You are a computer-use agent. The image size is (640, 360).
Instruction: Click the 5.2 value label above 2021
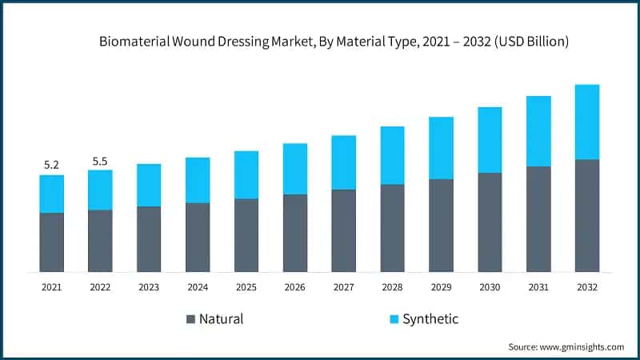coord(51,165)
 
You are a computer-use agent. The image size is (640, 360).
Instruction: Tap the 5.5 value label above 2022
coord(100,161)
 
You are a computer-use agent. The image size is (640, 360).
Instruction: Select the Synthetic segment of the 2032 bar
coord(587,122)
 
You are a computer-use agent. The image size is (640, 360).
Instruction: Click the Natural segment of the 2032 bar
coord(587,215)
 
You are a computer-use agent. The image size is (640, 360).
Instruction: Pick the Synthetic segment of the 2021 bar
coord(51,194)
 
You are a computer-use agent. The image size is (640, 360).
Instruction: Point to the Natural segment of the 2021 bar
coord(51,242)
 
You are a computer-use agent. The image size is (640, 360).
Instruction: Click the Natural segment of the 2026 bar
coord(295,233)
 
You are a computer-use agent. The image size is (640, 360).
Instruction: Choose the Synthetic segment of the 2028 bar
coord(393,155)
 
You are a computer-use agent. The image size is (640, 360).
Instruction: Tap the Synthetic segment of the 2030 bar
coord(490,139)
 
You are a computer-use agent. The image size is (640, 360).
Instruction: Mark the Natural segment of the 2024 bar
coord(198,237)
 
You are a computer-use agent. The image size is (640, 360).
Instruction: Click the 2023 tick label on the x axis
coord(149,286)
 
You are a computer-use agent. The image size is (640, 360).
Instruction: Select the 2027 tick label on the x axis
coord(344,286)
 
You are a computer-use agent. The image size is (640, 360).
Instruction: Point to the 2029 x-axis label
coord(441,286)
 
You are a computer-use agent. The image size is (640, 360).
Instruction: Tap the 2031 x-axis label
coord(538,286)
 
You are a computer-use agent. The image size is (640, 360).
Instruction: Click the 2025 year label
coord(246,286)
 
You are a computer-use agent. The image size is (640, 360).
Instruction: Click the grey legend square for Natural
coord(190,319)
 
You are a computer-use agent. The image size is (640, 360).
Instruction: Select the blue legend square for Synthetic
coord(393,319)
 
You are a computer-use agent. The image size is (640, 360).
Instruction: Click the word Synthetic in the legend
coord(430,319)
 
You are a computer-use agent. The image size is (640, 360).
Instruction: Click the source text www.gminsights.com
coord(585,346)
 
